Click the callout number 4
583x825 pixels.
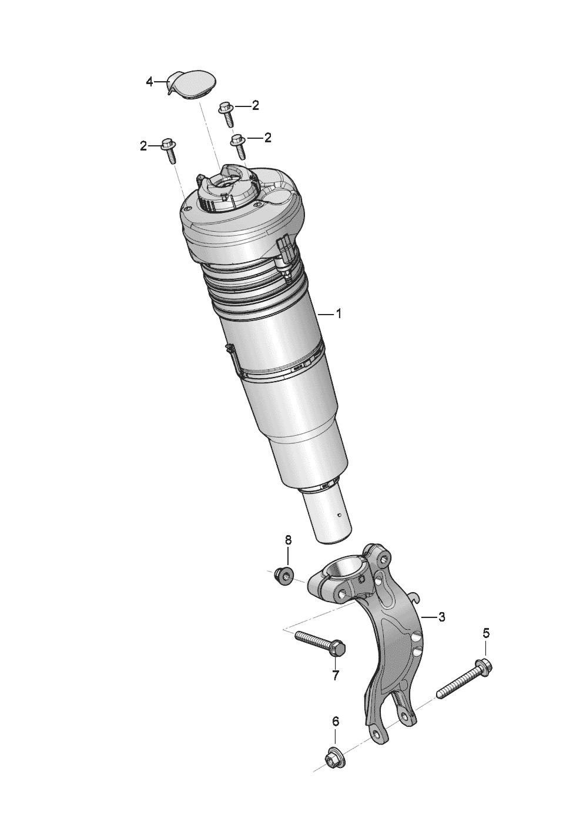pyautogui.click(x=149, y=82)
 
